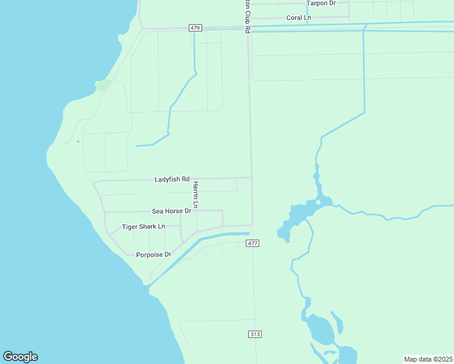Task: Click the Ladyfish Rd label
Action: click(x=172, y=180)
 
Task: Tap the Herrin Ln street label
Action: click(x=195, y=194)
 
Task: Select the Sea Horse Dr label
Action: click(x=171, y=211)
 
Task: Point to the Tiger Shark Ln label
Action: click(x=143, y=227)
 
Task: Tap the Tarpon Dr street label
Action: click(x=321, y=3)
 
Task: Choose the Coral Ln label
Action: click(x=299, y=18)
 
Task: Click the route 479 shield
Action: click(x=195, y=28)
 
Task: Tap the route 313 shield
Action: click(x=255, y=334)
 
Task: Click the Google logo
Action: click(x=20, y=357)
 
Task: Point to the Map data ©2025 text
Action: click(x=428, y=359)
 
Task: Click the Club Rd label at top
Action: click(x=247, y=15)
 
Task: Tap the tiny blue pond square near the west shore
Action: click(x=78, y=141)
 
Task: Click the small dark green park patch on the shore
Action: click(x=104, y=85)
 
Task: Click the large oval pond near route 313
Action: click(x=320, y=329)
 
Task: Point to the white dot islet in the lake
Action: click(x=318, y=203)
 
